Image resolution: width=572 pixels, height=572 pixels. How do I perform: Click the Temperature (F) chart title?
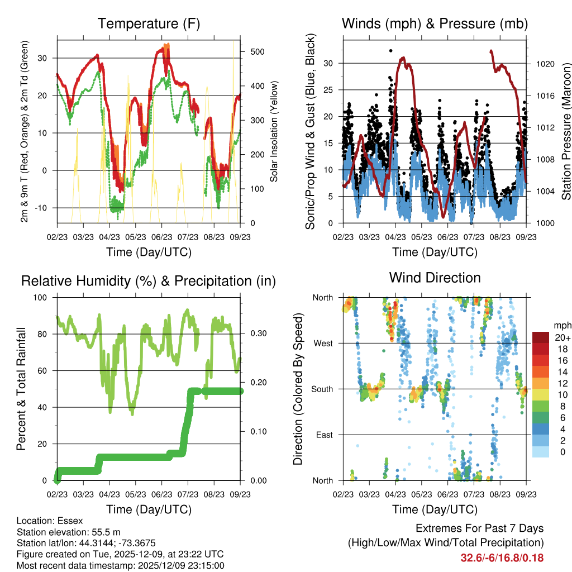[148, 23]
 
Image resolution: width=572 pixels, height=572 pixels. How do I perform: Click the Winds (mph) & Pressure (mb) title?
[435, 23]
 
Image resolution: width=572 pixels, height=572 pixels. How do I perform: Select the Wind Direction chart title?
[435, 278]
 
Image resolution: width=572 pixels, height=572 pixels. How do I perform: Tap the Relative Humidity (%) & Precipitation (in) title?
[148, 281]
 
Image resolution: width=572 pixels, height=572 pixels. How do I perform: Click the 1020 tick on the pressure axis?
[545, 64]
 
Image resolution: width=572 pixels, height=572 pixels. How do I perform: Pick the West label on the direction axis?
[323, 343]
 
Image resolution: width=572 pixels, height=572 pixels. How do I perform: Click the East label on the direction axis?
[324, 435]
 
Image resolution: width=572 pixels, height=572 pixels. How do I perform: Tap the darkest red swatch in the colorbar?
[541, 337]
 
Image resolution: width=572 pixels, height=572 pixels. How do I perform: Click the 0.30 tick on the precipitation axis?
[257, 333]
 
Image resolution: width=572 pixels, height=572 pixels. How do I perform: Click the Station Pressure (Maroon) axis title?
[565, 132]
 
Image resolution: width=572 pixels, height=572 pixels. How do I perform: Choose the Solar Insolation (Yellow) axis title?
[274, 132]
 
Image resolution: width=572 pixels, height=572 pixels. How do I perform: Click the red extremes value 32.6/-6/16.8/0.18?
[502, 557]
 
